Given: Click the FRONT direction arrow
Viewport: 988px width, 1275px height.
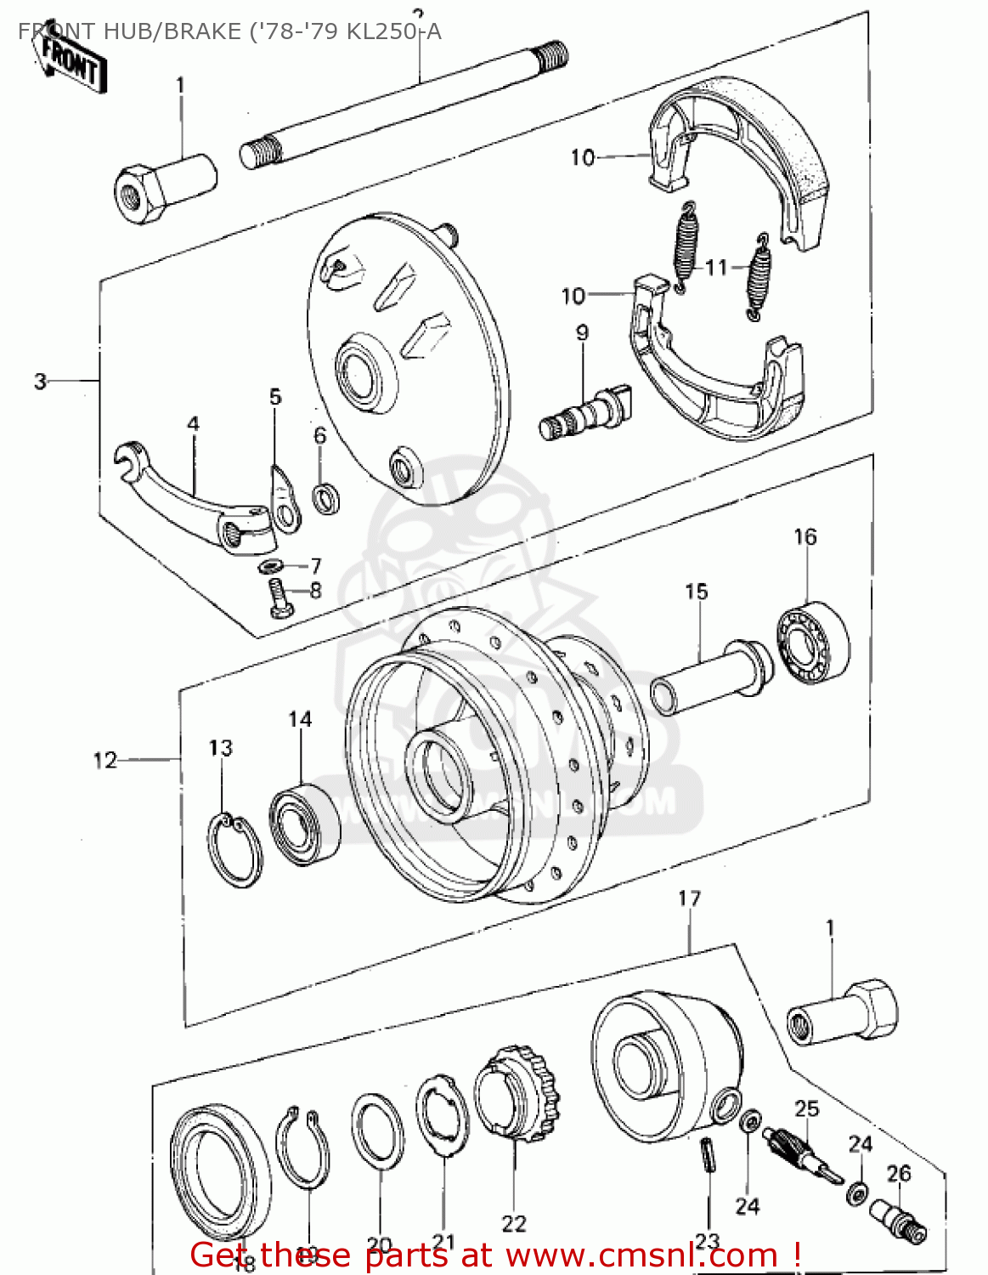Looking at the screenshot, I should click(x=72, y=61).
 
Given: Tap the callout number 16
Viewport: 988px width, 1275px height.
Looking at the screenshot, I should click(x=805, y=537).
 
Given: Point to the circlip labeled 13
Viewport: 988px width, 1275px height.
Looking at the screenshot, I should click(x=234, y=850).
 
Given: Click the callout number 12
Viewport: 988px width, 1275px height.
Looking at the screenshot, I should click(x=104, y=760).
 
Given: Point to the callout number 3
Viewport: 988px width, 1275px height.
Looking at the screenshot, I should click(x=40, y=382).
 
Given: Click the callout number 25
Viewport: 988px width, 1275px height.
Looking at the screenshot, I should click(x=806, y=1108).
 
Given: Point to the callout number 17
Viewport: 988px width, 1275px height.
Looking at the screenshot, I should click(x=689, y=898).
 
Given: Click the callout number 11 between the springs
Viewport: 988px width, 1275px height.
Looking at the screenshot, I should click(x=716, y=268).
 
